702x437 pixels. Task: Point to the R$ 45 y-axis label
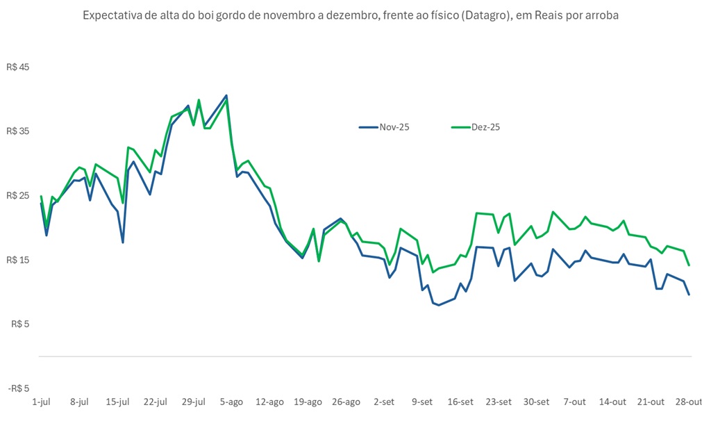(x=19, y=67)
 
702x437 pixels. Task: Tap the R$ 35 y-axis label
(x=19, y=131)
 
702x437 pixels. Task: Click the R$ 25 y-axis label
(x=19, y=196)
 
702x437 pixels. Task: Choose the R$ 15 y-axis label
(x=19, y=260)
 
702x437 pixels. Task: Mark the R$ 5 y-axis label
(x=21, y=324)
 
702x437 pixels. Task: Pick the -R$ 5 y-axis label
(x=19, y=388)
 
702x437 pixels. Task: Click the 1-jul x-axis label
(x=42, y=402)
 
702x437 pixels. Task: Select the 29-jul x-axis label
(x=193, y=402)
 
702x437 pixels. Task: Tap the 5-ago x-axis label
(x=231, y=402)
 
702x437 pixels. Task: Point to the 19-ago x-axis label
(x=308, y=402)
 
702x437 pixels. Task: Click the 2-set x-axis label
(x=384, y=402)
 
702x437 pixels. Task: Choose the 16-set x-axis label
(x=460, y=402)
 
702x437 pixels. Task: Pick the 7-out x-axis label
(x=575, y=402)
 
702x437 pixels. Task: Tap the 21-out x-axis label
(x=651, y=402)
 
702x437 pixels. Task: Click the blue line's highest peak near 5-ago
(x=226, y=96)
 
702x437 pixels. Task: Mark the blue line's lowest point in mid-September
(x=438, y=305)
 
